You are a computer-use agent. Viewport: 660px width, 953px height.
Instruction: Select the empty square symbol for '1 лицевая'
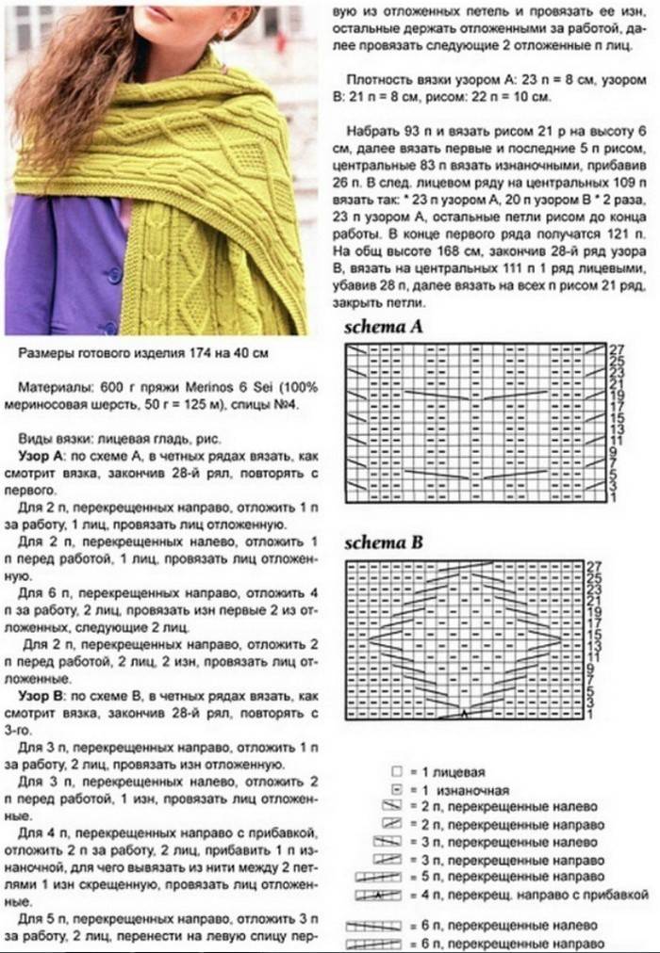point(397,770)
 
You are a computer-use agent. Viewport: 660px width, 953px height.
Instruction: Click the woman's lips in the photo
point(159,14)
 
